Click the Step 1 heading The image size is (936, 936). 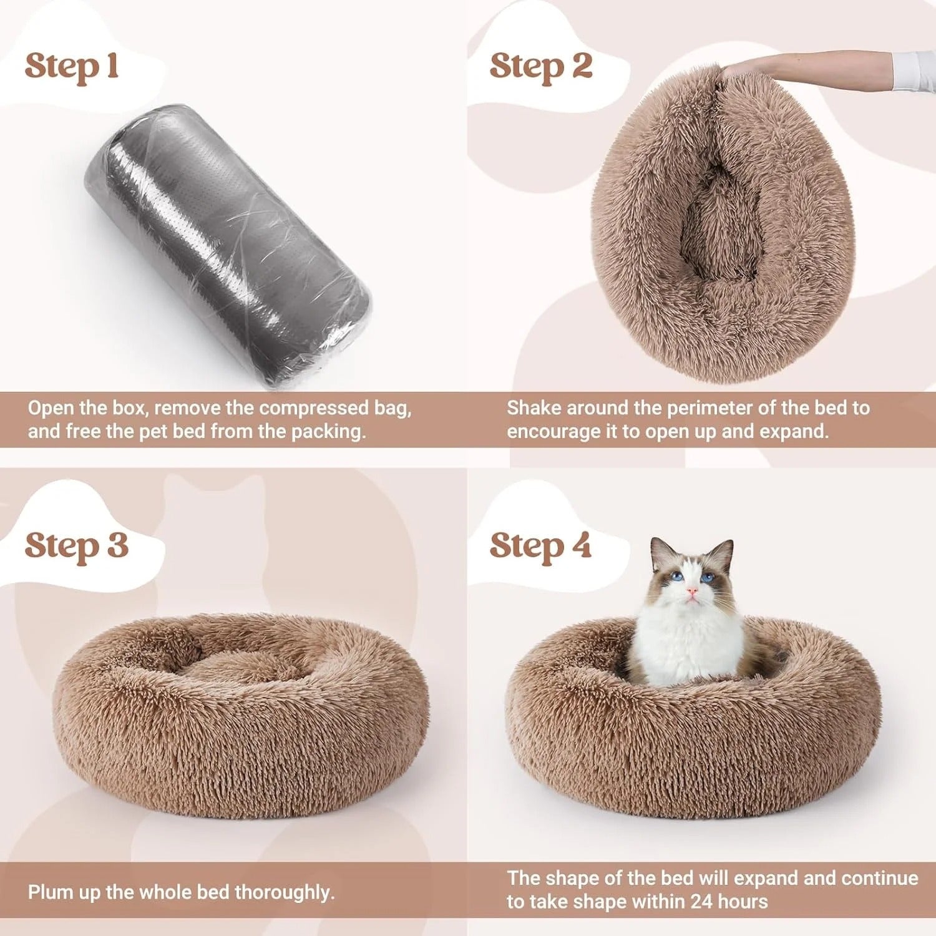72,67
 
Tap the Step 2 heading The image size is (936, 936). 540,67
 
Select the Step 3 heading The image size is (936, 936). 76,546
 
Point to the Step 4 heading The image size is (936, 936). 540,546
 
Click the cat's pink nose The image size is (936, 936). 692,590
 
